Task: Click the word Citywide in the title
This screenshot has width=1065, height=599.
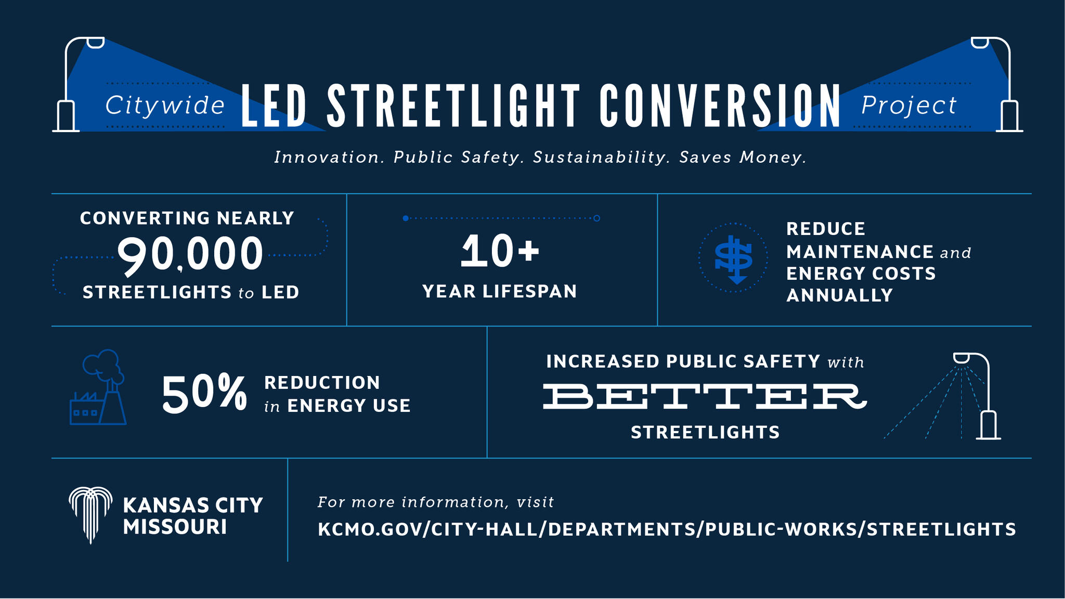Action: pos(165,106)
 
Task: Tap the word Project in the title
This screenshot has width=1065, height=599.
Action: pos(908,106)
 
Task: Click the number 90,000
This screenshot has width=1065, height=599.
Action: pos(190,254)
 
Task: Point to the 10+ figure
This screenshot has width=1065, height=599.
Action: pos(500,251)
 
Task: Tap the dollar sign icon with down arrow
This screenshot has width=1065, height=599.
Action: pos(733,257)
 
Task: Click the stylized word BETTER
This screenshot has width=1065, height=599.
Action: pos(705,396)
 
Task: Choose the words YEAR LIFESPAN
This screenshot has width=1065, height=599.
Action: pos(500,292)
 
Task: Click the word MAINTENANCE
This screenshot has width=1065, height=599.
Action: pos(860,252)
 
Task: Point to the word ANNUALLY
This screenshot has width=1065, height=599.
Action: pos(839,296)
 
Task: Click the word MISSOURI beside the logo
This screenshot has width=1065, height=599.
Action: pos(175,527)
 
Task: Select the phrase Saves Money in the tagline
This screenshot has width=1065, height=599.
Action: pos(743,157)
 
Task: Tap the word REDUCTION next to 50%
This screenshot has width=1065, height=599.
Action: pos(322,383)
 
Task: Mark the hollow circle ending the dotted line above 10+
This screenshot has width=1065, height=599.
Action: pos(596,218)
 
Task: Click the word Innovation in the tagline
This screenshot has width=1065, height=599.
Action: pos(329,157)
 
